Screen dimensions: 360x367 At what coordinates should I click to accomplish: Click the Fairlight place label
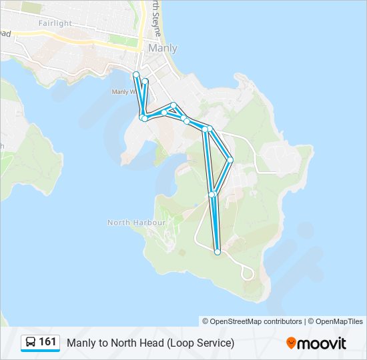click(55, 23)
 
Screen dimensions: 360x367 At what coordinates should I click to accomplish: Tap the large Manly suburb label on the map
click(163, 48)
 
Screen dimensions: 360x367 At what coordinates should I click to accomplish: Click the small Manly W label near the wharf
click(124, 92)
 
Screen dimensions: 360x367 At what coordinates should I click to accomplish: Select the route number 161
click(47, 342)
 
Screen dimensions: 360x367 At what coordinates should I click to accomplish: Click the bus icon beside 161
click(31, 343)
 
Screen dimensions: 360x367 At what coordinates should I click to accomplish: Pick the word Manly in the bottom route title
click(80, 343)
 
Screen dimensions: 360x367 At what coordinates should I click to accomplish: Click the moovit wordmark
click(324, 343)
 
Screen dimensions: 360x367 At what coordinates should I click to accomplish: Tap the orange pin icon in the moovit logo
click(292, 343)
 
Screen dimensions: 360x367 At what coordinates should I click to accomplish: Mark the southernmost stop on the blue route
click(218, 252)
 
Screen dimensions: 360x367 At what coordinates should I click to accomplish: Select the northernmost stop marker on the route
click(136, 74)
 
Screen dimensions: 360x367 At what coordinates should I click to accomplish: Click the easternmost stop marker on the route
click(230, 159)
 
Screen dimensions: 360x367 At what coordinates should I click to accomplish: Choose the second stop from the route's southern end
click(212, 195)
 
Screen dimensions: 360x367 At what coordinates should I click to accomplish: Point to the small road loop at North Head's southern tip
click(248, 271)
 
